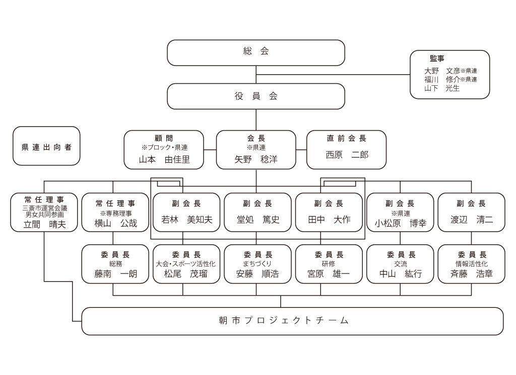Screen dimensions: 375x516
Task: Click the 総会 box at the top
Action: (x=256, y=52)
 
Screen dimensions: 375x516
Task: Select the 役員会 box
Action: (x=256, y=96)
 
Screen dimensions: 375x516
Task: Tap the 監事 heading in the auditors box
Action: (x=437, y=59)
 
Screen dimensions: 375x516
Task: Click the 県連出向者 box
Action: (x=46, y=146)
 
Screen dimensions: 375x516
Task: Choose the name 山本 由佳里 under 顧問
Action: (x=164, y=160)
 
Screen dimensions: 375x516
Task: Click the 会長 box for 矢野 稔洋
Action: (x=256, y=149)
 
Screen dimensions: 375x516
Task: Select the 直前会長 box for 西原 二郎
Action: (x=347, y=149)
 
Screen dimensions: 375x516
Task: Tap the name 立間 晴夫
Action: (x=44, y=225)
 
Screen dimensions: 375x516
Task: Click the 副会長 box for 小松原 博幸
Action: (x=400, y=212)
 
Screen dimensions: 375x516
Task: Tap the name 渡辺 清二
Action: (x=472, y=220)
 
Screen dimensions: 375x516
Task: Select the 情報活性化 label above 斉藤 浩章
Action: (x=472, y=264)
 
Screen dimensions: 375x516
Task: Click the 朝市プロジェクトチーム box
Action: (x=292, y=321)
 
